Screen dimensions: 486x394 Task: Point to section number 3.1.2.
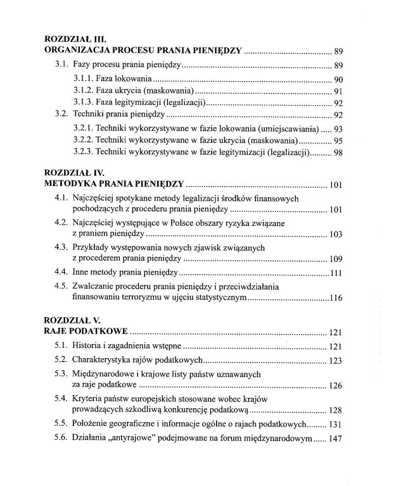[x=84, y=91]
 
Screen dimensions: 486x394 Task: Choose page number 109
[x=336, y=259]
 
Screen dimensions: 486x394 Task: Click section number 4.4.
[x=61, y=273]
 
